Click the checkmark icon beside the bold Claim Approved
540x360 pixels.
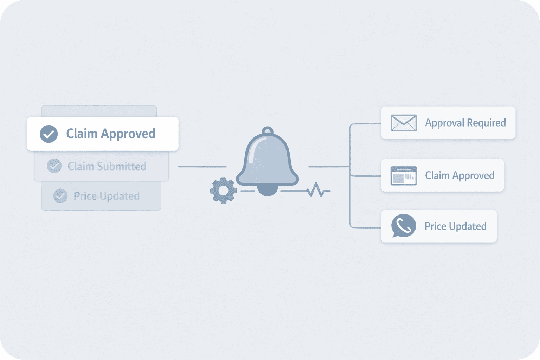coord(49,134)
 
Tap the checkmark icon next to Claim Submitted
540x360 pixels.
coord(54,166)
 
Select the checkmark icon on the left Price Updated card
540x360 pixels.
coord(60,196)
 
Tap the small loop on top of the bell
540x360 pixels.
coord(268,131)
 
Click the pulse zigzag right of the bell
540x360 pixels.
coord(318,190)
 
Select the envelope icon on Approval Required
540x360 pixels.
coord(404,123)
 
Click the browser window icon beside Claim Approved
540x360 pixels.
coord(404,176)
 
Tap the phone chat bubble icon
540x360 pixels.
coord(403,226)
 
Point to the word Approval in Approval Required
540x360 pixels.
coord(445,123)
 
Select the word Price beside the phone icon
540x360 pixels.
coord(435,226)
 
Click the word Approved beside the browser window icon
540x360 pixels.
coord(473,175)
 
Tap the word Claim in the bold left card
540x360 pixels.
coord(82,134)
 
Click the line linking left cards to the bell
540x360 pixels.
coord(202,167)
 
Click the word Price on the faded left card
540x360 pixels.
coord(85,196)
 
